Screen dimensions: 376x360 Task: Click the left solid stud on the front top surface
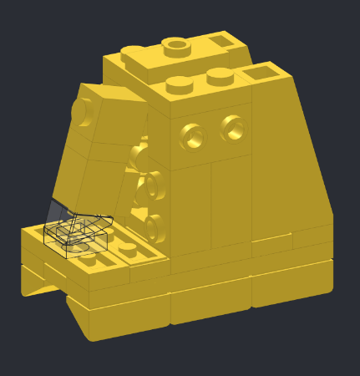[177, 82]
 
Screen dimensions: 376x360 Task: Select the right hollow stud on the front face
[233, 127]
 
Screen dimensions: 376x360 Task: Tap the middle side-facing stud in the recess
[147, 188]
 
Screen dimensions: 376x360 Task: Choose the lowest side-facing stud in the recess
[151, 226]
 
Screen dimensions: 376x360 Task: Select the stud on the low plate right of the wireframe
[128, 248]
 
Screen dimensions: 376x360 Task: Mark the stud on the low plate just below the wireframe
[88, 259]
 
